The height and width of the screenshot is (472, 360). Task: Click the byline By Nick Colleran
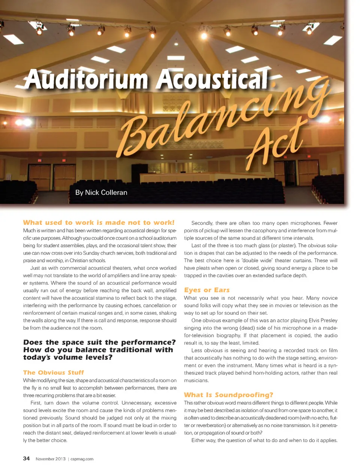(x=101, y=193)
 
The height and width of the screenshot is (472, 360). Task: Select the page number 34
(x=26, y=459)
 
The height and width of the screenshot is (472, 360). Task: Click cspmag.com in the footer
(x=82, y=459)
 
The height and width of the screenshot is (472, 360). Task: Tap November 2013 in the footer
(x=50, y=459)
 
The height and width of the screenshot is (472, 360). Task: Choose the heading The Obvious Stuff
(x=54, y=372)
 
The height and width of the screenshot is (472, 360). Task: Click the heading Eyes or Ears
(x=207, y=290)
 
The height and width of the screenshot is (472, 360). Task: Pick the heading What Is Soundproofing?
(x=228, y=395)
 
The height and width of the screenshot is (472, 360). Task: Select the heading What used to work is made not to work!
(x=99, y=223)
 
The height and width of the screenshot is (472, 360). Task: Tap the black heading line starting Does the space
(x=99, y=342)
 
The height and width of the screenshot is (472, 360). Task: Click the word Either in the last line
(x=198, y=441)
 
